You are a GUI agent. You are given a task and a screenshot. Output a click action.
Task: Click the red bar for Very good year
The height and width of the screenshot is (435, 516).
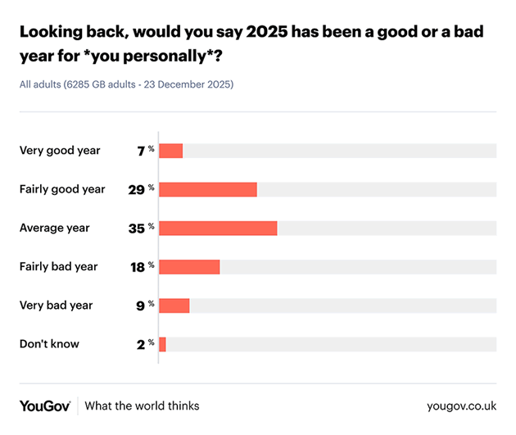pos(170,151)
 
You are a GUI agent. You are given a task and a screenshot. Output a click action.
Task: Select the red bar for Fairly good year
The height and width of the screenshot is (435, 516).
pos(207,189)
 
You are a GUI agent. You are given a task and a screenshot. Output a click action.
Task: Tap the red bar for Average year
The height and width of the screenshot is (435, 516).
pos(218,228)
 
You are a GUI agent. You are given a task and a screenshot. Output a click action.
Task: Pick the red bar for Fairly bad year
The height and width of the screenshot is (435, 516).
pos(189,266)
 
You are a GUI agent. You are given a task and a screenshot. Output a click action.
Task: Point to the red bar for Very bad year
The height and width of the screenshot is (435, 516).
pos(174,305)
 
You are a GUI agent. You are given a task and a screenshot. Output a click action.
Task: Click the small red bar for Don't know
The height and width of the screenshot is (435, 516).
pos(162,344)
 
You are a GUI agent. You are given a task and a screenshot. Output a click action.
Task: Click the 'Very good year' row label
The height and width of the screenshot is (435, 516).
pos(60,151)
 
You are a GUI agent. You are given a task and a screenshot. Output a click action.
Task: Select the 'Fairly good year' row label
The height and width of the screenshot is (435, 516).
pos(62,189)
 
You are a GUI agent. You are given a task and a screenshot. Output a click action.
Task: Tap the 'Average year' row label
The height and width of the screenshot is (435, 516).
pos(55,228)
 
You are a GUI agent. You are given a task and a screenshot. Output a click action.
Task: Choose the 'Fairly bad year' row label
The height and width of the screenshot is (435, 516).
pos(59,266)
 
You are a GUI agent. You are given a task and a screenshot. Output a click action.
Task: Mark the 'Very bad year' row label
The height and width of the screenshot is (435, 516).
pos(57,305)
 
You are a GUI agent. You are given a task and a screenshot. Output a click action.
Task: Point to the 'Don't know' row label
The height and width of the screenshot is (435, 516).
pos(49,344)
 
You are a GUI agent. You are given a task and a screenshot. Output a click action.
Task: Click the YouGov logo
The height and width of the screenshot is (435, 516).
pos(44,406)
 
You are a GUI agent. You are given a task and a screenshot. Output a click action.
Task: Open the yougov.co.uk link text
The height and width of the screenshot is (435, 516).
pos(461,406)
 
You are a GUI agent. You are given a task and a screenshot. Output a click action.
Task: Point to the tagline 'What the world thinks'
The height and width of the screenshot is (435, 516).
pos(142,406)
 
